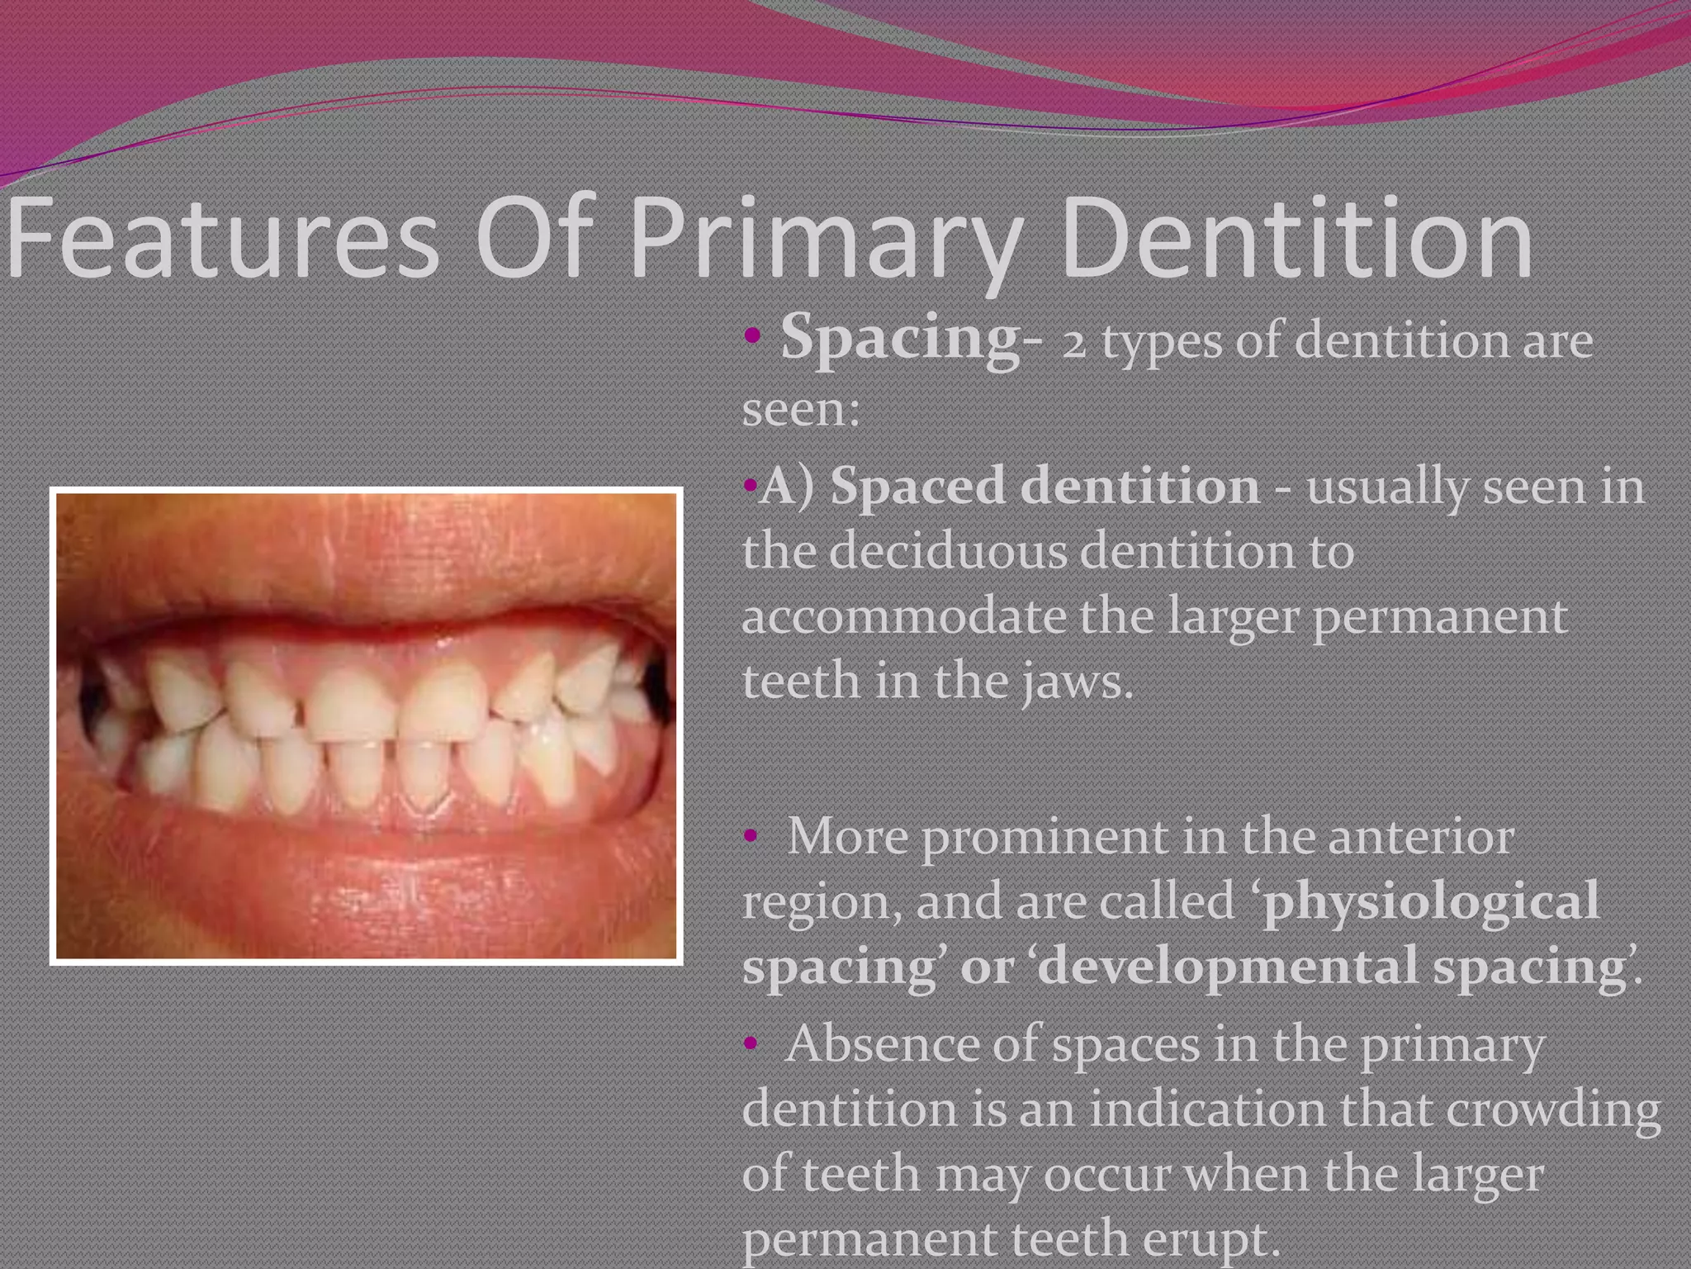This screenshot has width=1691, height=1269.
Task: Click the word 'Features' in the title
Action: tap(223, 242)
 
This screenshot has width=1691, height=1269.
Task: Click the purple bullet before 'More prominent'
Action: tap(750, 838)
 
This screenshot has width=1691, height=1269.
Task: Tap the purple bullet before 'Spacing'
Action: tap(751, 337)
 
